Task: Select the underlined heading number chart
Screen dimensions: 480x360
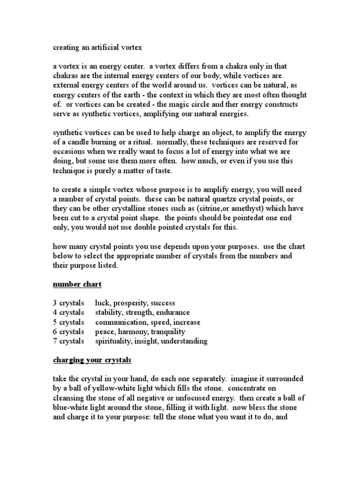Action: point(77,285)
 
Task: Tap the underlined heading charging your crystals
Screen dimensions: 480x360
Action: point(92,360)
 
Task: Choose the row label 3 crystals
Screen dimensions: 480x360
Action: point(68,303)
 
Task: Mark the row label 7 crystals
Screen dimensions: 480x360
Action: point(68,341)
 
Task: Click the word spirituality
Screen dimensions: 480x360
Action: point(114,341)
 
